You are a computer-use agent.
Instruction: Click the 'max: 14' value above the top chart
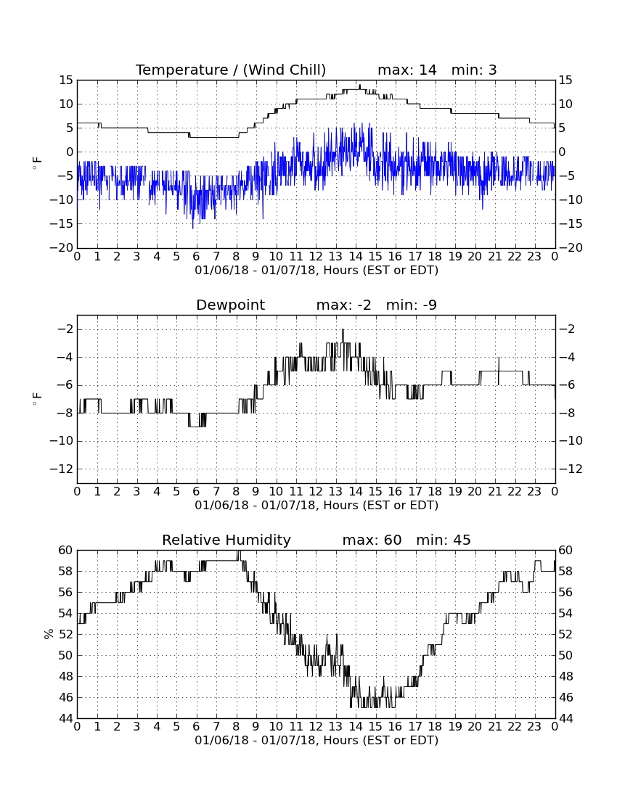[x=407, y=70]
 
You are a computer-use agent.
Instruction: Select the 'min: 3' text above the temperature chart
[x=474, y=70]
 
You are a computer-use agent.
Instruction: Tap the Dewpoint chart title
[x=231, y=305]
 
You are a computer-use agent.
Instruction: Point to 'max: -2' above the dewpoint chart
[x=343, y=305]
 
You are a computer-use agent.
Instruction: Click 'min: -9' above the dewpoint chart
[x=412, y=305]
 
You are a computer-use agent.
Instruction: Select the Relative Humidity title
[x=226, y=540]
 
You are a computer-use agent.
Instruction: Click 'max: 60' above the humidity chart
[x=372, y=540]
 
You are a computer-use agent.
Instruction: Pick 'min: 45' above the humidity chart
[x=444, y=540]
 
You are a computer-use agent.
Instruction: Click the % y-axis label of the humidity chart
[x=49, y=634]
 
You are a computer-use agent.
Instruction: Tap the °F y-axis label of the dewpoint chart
[x=36, y=398]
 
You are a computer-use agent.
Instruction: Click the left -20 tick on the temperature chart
[x=61, y=248]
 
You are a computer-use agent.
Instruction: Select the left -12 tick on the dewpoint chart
[x=61, y=469]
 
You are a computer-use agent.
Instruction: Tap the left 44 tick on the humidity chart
[x=66, y=719]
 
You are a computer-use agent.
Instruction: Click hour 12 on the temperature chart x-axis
[x=316, y=257]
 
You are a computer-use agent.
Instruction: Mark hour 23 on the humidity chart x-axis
[x=534, y=727]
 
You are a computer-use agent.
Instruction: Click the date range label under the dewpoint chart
[x=316, y=506]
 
